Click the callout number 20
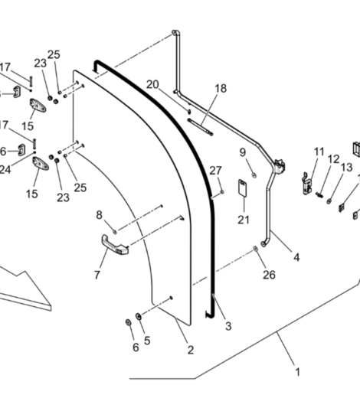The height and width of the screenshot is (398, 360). coord(152,84)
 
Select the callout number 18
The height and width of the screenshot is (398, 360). coord(221,89)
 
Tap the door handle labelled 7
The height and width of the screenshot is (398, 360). coord(115,245)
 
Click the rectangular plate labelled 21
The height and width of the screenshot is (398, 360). coord(243,188)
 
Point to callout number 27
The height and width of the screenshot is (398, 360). coord(215,171)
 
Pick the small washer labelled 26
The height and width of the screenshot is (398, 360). coord(255,248)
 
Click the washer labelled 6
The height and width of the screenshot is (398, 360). coord(128,322)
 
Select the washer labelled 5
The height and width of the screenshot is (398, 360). coord(139,316)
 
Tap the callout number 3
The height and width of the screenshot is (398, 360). coord(228,326)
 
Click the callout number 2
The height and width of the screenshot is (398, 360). coord(191,350)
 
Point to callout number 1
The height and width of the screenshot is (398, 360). coord(297,372)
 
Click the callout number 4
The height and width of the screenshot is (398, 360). coord(296,257)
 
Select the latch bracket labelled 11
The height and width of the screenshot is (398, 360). coord(308,184)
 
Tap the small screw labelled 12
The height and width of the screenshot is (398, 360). coord(319,194)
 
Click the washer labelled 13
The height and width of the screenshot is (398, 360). coord(329,201)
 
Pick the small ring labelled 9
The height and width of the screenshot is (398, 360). coord(254,175)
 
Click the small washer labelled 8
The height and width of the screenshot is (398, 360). coord(115,232)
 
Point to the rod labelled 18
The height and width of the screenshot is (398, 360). coord(200,127)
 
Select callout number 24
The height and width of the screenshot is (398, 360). coord(5,170)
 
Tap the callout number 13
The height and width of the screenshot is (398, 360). coord(346,168)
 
